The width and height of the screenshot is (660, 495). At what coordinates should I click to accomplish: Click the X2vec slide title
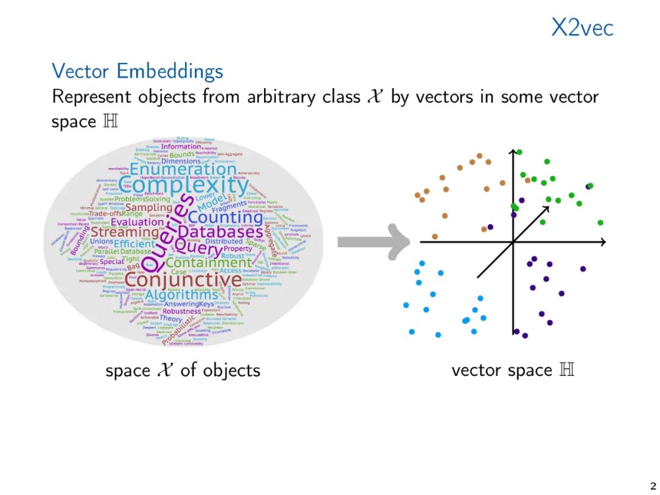(x=582, y=28)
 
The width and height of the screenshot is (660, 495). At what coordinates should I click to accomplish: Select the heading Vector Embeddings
(x=137, y=71)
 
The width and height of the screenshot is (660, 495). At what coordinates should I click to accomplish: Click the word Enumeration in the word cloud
(x=183, y=168)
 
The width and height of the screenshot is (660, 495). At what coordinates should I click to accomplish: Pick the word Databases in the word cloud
(x=221, y=232)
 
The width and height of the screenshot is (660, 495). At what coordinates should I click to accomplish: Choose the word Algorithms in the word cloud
(x=182, y=295)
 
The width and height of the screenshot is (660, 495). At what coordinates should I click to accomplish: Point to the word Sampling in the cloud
(x=148, y=208)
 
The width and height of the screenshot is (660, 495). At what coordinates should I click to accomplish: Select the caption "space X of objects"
(x=183, y=370)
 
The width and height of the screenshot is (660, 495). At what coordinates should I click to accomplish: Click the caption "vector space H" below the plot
(x=513, y=370)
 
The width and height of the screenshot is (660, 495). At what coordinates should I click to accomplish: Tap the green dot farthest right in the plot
(x=600, y=222)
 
